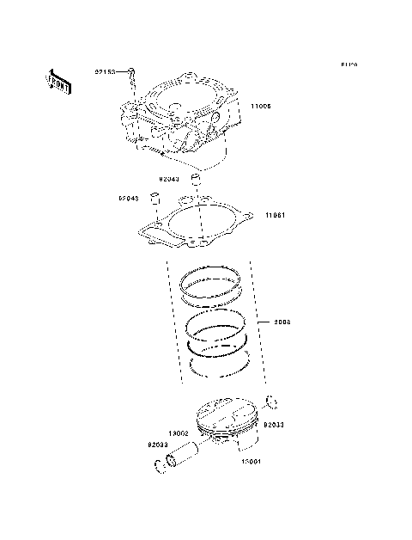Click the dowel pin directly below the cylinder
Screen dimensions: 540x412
click(196, 181)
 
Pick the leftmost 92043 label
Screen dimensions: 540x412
click(129, 199)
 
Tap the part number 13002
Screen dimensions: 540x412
click(179, 434)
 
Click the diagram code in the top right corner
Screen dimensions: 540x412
click(348, 64)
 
